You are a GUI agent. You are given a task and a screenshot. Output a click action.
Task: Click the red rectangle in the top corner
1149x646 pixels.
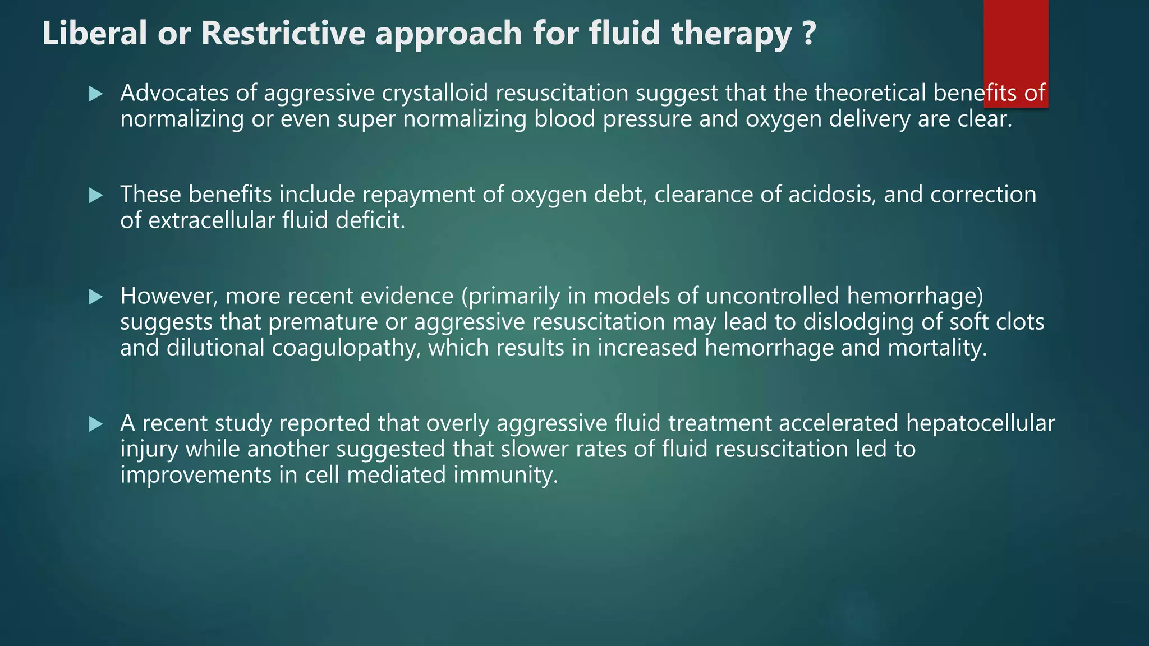pyautogui.click(x=1015, y=45)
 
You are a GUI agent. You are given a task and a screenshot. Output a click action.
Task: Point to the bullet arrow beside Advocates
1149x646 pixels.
pyautogui.click(x=96, y=94)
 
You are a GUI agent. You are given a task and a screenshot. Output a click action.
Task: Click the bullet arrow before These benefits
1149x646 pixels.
pyautogui.click(x=96, y=195)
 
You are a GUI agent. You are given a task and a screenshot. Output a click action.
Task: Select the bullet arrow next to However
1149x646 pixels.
pyautogui.click(x=96, y=297)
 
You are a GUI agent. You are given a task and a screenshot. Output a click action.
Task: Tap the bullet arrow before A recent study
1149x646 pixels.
pyautogui.click(x=96, y=424)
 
